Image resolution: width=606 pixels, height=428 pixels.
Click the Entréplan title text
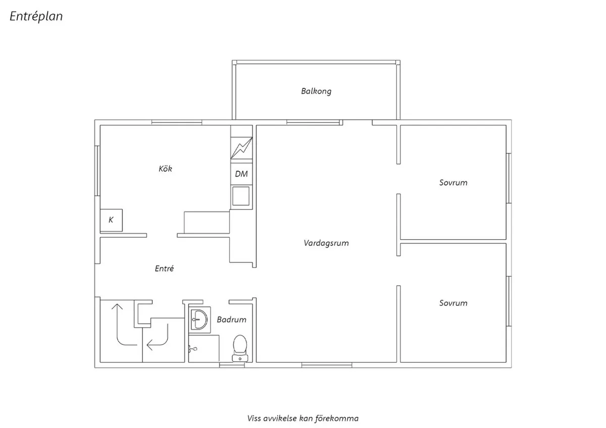pyautogui.click(x=36, y=17)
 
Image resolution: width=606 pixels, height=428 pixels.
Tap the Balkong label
pyautogui.click(x=316, y=91)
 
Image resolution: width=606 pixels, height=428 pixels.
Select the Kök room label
pyautogui.click(x=165, y=169)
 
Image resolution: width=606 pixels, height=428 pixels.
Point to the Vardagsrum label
pyautogui.click(x=326, y=243)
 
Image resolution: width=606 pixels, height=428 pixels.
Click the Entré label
pyautogui.click(x=164, y=269)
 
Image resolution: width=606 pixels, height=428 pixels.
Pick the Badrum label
pyautogui.click(x=231, y=319)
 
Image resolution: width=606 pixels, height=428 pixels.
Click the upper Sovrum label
pyautogui.click(x=453, y=183)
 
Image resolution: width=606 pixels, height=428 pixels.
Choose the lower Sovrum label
pyautogui.click(x=453, y=303)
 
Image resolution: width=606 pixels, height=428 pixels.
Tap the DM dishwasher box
pyautogui.click(x=241, y=174)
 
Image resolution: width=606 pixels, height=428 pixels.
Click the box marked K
pyautogui.click(x=112, y=220)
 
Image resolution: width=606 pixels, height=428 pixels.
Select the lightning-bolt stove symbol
pyautogui.click(x=241, y=148)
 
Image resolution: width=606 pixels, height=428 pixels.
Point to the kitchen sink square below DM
pyautogui.click(x=241, y=196)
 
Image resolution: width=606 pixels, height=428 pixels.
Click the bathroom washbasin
pyautogui.click(x=199, y=318)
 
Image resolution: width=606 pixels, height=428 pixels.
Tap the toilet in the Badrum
pyautogui.click(x=240, y=348)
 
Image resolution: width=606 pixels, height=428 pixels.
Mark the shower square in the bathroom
pyautogui.click(x=204, y=348)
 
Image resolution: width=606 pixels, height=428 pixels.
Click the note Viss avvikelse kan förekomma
pyautogui.click(x=303, y=418)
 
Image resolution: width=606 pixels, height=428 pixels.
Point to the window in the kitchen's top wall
pyautogui.click(x=177, y=122)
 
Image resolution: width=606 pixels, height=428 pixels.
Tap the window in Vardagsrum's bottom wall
pyautogui.click(x=326, y=365)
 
